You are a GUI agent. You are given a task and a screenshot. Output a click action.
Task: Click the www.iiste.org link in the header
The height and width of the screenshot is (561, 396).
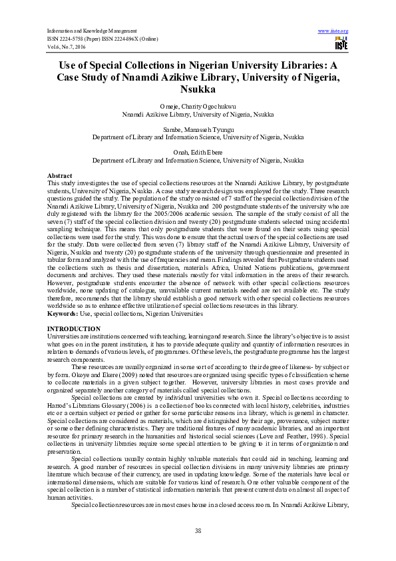333,31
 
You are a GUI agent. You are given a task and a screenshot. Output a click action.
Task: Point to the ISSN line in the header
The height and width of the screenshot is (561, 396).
101,39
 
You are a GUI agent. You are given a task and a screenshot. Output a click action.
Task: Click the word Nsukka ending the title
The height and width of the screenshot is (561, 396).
198,88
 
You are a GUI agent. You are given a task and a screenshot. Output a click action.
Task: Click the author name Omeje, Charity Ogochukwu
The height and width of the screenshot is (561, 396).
198,107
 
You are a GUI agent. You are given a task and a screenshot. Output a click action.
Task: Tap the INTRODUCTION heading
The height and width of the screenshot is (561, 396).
74,329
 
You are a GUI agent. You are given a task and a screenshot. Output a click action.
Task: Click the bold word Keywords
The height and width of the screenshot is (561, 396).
63,312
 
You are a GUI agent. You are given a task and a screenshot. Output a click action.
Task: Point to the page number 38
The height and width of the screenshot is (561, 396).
198,530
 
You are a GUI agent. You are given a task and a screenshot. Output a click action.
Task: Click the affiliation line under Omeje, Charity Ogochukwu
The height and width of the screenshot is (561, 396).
198,114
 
